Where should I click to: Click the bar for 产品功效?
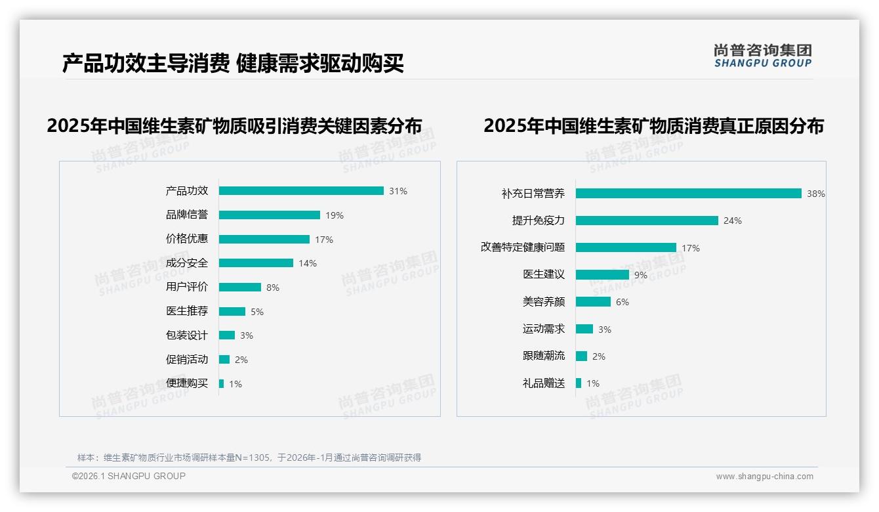pyautogui.click(x=301, y=191)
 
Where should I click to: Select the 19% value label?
pyautogui.click(x=335, y=215)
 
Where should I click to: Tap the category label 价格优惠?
pyautogui.click(x=187, y=239)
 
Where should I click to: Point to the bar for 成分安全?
pyautogui.click(x=256, y=263)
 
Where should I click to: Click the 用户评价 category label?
pyautogui.click(x=187, y=287)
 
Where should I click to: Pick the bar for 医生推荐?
pyautogui.click(x=232, y=311)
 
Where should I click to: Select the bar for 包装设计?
pyautogui.click(x=227, y=335)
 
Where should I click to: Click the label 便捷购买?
pyautogui.click(x=187, y=383)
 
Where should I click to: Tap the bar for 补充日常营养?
pyautogui.click(x=688, y=194)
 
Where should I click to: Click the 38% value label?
pyautogui.click(x=816, y=194)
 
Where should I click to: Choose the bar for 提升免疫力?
pyautogui.click(x=647, y=221)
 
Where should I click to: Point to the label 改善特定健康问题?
pyautogui.click(x=523, y=247)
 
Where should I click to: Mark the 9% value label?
pyautogui.click(x=641, y=275)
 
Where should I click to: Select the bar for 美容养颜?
pyautogui.click(x=593, y=302)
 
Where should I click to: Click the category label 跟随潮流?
pyautogui.click(x=544, y=356)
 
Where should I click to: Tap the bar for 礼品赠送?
pyautogui.click(x=579, y=383)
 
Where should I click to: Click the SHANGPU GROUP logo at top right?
pyautogui.click(x=762, y=56)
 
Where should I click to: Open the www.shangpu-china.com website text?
pyautogui.click(x=764, y=477)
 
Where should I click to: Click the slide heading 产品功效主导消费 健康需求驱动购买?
pyautogui.click(x=233, y=64)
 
